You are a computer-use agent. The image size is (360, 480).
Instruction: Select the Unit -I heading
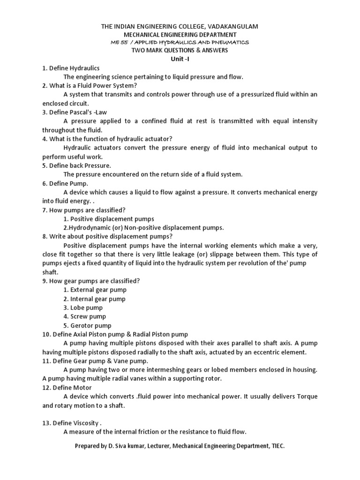[x=180, y=59]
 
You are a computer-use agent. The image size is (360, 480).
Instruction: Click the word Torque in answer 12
[x=305, y=397]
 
